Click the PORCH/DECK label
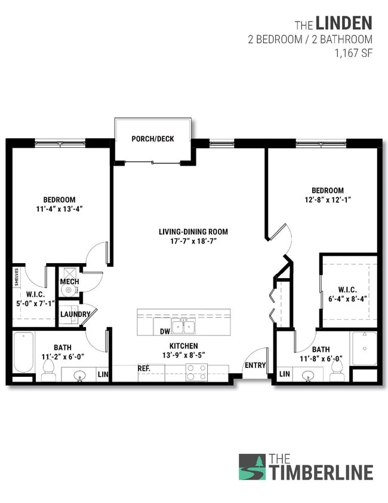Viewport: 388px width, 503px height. pyautogui.click(x=153, y=139)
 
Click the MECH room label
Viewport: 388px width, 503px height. pyautogui.click(x=69, y=282)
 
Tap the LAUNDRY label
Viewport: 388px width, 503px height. pyautogui.click(x=75, y=314)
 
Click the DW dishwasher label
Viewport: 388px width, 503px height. pyautogui.click(x=165, y=331)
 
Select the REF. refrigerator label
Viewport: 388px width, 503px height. pyautogui.click(x=143, y=369)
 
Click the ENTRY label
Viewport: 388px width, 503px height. pyautogui.click(x=255, y=365)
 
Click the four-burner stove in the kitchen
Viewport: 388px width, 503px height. pyautogui.click(x=196, y=372)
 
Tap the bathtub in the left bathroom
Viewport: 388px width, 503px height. pyautogui.click(x=23, y=353)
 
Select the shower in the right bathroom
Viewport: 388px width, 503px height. pyautogui.click(x=364, y=348)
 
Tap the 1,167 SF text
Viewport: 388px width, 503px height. pyautogui.click(x=355, y=52)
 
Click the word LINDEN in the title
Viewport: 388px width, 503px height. pyautogui.click(x=344, y=23)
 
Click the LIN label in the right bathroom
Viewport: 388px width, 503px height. pyautogui.click(x=284, y=374)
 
